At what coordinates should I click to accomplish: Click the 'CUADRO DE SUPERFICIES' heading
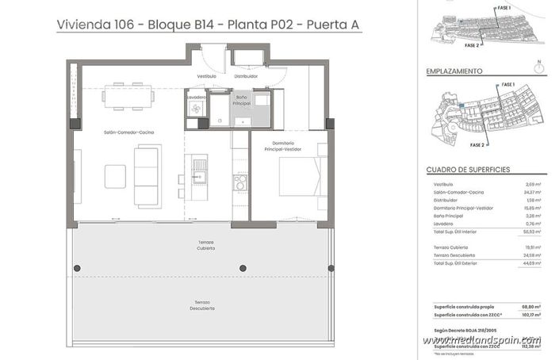coord(468,170)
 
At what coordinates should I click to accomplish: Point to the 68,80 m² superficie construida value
coord(530,306)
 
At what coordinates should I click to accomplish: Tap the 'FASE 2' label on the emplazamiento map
coord(477,146)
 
